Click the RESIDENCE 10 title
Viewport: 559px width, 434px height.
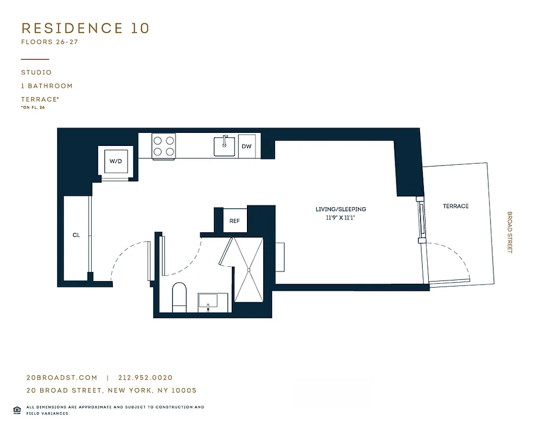click(x=85, y=28)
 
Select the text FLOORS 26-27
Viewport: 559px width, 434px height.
click(x=50, y=42)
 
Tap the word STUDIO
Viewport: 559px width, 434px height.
click(x=36, y=72)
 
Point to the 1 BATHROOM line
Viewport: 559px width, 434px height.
click(x=47, y=86)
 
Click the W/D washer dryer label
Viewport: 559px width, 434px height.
click(x=116, y=161)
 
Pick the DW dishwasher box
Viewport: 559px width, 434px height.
click(x=247, y=146)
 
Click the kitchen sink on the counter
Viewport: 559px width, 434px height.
click(x=224, y=146)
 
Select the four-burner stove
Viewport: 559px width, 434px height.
click(x=164, y=145)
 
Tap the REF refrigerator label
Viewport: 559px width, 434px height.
click(x=234, y=221)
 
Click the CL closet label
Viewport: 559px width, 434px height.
click(x=77, y=235)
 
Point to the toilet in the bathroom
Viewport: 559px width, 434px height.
click(x=179, y=298)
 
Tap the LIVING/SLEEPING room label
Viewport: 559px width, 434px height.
click(x=341, y=209)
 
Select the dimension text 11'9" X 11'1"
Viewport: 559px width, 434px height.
click(x=341, y=218)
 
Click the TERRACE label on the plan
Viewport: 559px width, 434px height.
click(x=455, y=206)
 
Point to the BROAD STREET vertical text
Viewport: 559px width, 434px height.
click(x=509, y=232)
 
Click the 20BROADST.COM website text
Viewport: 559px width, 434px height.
click(x=61, y=378)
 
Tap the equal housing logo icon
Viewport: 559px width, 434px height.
click(x=17, y=410)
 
